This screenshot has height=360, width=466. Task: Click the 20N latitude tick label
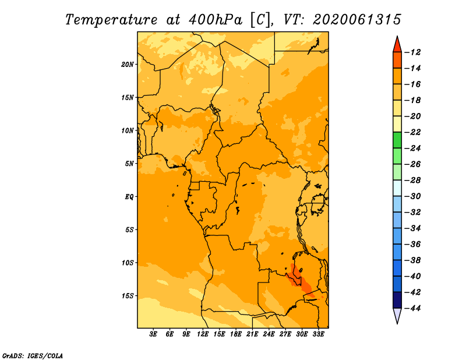tap(128, 65)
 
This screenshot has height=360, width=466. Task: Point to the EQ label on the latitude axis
tap(129, 197)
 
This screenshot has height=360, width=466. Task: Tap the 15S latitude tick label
tap(128, 296)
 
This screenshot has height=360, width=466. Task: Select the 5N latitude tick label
tap(129, 164)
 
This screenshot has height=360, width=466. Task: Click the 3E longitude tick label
tap(153, 334)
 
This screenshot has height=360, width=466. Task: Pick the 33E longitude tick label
tap(318, 334)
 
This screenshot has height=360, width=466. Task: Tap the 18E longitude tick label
tap(236, 334)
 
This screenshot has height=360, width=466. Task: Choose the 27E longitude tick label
tap(285, 334)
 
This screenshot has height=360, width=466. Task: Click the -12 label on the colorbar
tap(412, 52)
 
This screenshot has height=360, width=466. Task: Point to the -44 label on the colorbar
tap(412, 308)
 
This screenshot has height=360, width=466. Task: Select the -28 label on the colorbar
tap(412, 180)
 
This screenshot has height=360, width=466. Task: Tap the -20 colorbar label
tap(412, 117)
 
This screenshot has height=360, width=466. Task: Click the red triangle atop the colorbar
tap(397, 45)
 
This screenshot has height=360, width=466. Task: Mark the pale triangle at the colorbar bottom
tap(397, 315)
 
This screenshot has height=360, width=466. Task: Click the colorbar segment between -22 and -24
tap(397, 140)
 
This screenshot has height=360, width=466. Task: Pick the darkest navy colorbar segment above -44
tap(397, 300)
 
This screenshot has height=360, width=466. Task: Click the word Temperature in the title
tap(111, 20)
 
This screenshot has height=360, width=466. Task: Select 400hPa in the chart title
tap(216, 20)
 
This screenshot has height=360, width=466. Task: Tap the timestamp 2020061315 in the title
tap(357, 20)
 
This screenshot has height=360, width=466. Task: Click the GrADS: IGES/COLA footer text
tap(33, 356)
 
